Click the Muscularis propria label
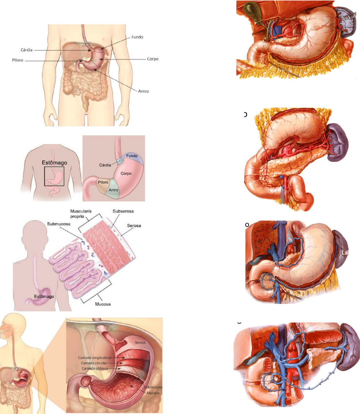(x=79, y=213)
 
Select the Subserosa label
(x=123, y=211)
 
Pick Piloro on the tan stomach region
(x=103, y=182)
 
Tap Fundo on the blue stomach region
(x=132, y=156)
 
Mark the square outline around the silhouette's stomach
(x=54, y=176)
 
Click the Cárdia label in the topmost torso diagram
(x=26, y=50)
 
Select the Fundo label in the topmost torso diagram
(x=137, y=37)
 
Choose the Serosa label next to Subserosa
(x=134, y=225)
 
